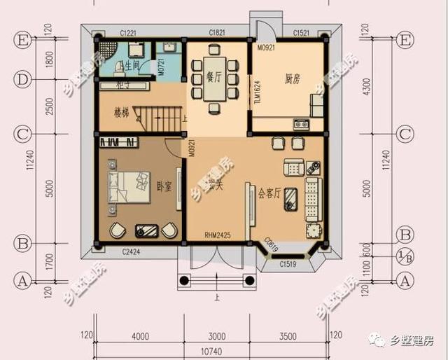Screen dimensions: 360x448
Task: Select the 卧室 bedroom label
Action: click(164, 186)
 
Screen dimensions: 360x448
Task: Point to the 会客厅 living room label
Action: click(269, 193)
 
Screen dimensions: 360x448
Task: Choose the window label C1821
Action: click(218, 33)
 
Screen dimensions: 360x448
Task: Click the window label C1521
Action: click(302, 33)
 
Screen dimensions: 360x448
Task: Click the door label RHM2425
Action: click(218, 235)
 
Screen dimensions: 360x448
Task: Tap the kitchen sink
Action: click(302, 125)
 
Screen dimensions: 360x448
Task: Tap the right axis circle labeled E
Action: click(404, 41)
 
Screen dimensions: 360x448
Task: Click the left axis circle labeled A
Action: click(22, 282)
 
